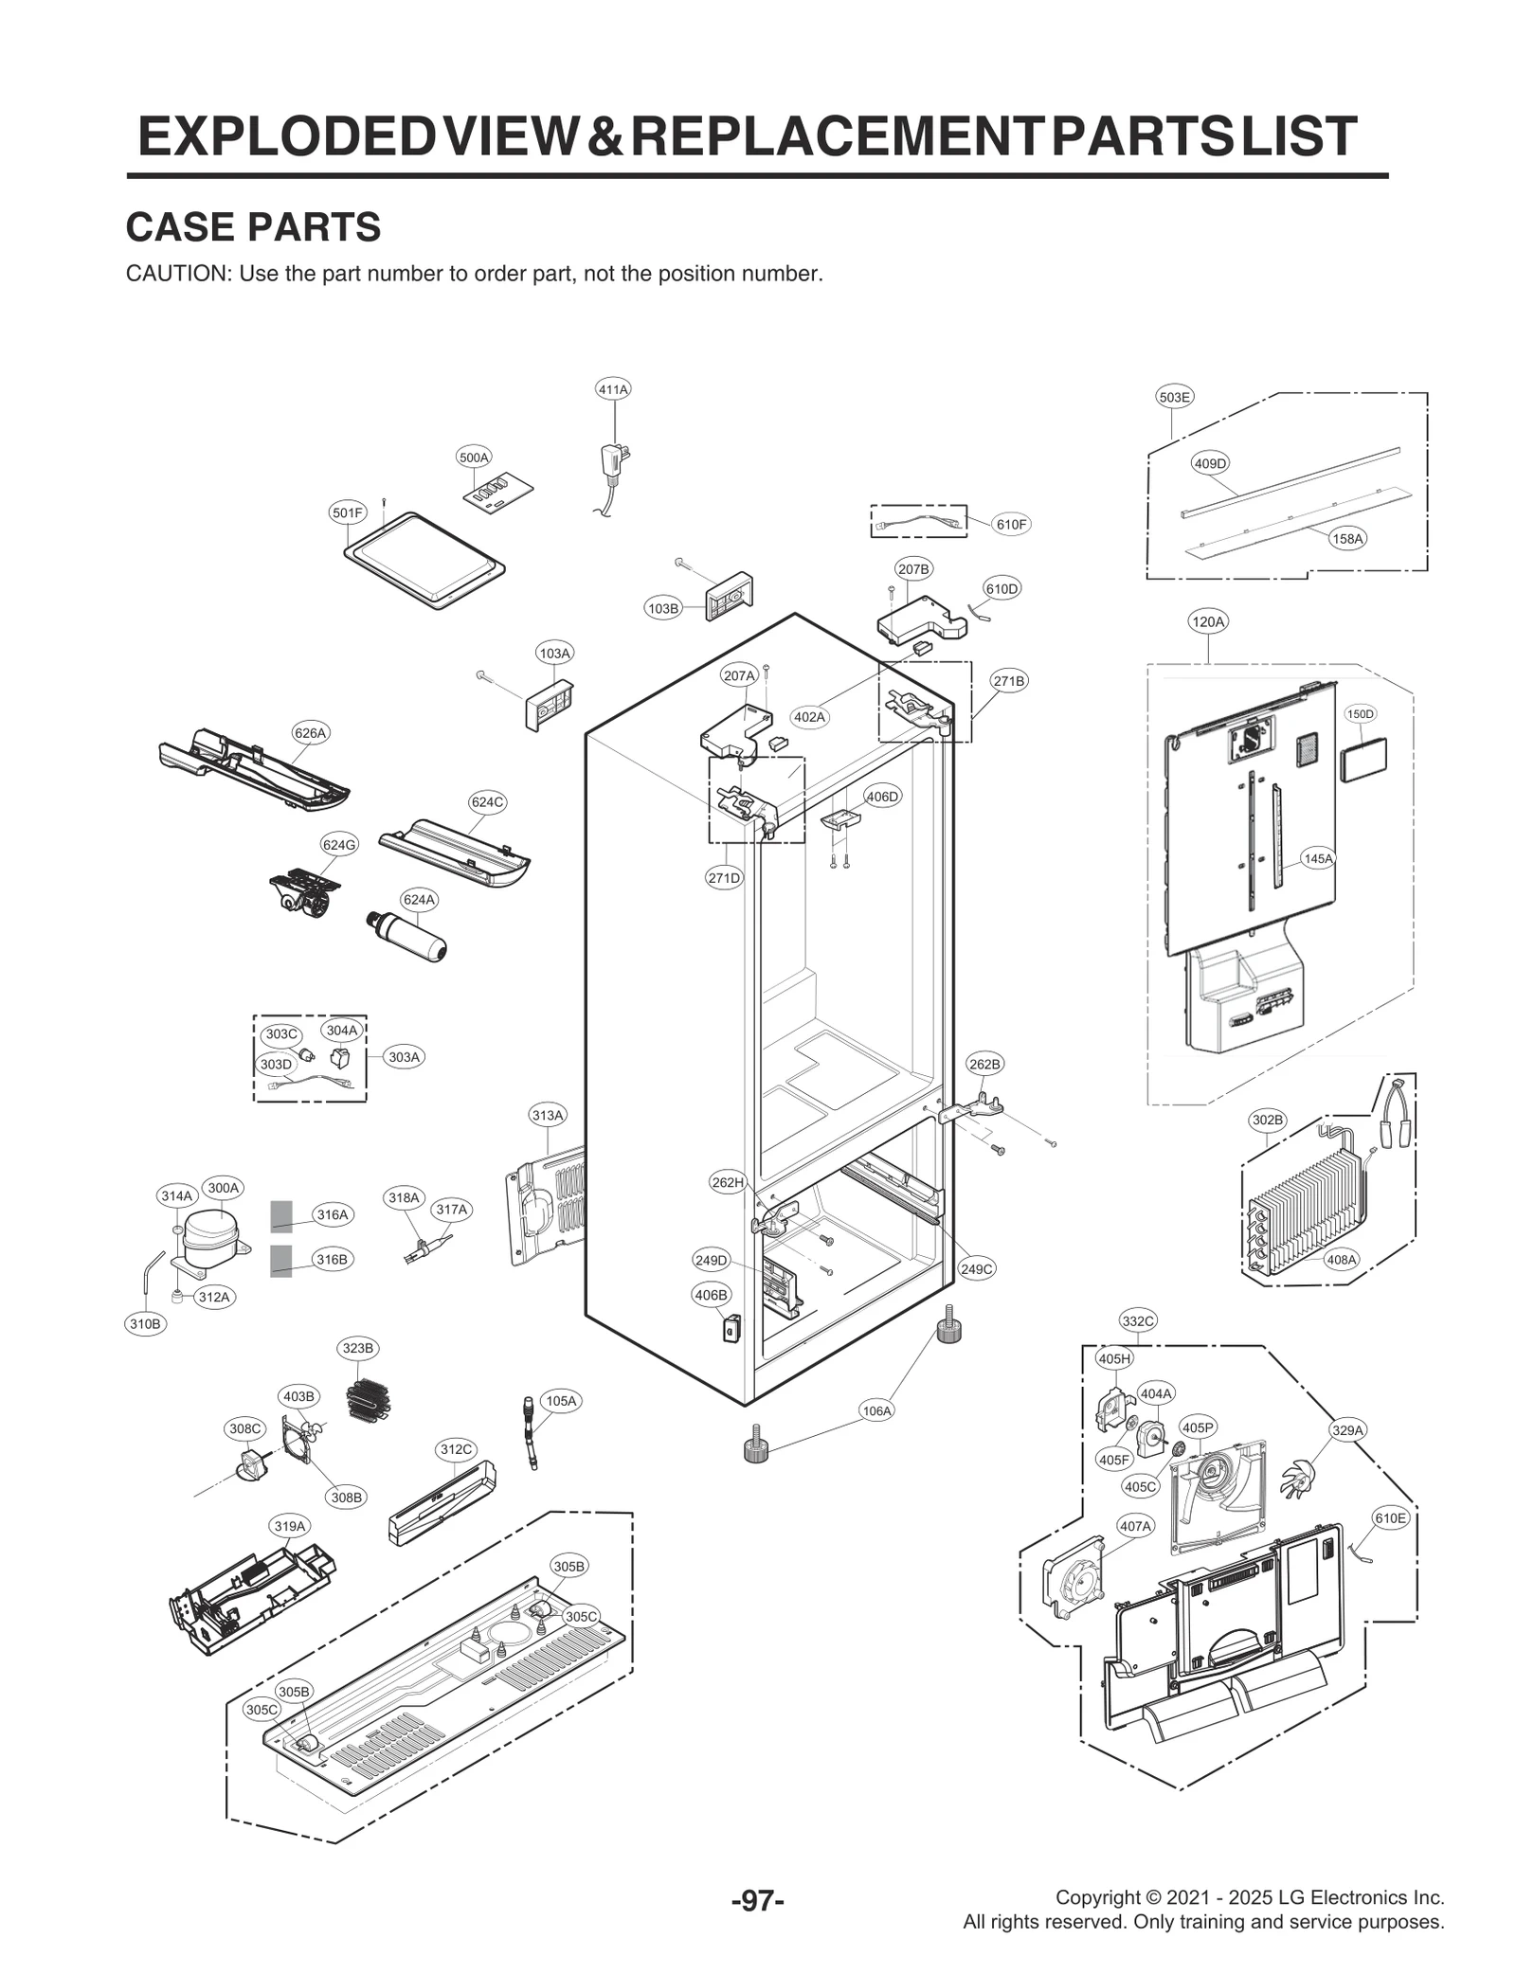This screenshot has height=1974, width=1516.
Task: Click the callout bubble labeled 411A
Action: tap(613, 389)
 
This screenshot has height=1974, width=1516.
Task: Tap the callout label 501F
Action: tap(347, 513)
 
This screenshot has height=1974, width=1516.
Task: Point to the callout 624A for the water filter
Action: tap(419, 900)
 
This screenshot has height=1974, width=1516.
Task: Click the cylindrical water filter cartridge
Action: tap(408, 936)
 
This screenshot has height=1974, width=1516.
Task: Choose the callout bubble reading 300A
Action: tap(224, 1188)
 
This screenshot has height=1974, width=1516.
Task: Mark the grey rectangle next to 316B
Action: tap(280, 1261)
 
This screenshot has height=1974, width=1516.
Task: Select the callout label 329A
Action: tap(1347, 1430)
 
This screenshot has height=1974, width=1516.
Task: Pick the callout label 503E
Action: tap(1174, 398)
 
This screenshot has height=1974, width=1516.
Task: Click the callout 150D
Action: tap(1361, 713)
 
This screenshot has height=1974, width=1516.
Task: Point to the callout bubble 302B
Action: tap(1268, 1121)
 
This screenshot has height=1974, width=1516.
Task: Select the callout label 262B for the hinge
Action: tap(984, 1064)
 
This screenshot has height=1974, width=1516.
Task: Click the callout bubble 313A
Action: tap(548, 1116)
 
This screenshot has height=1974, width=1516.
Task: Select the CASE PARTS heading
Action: tap(253, 227)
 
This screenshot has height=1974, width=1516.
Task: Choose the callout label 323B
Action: tap(358, 1348)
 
